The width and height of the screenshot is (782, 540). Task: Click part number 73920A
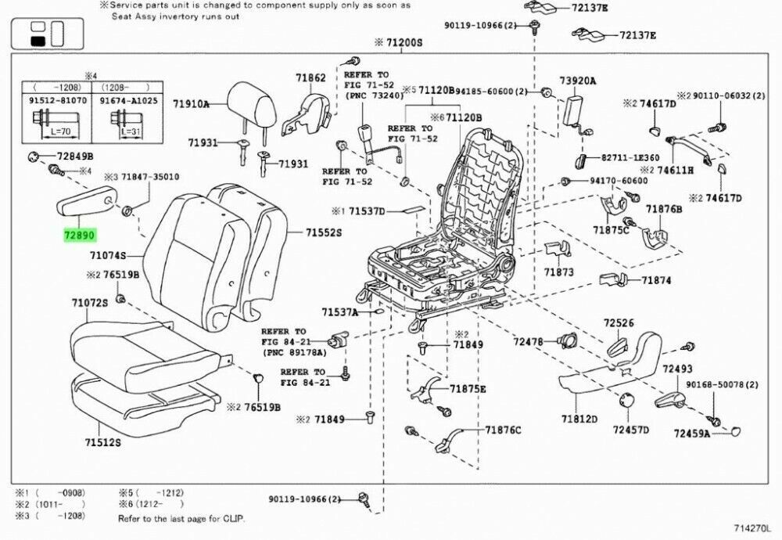pyautogui.click(x=577, y=81)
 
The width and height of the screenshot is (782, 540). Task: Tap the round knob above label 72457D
pyautogui.click(x=626, y=401)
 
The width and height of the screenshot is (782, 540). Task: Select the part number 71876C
pyautogui.click(x=503, y=430)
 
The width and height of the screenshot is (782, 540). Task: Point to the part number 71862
pyautogui.click(x=310, y=77)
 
